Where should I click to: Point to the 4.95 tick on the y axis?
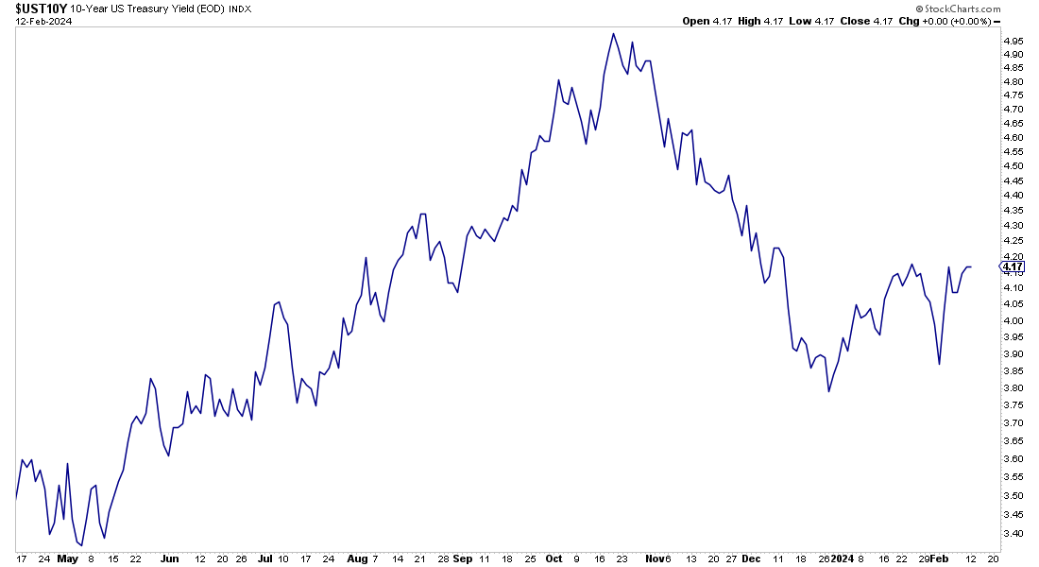1013,42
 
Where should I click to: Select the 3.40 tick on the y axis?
1013,533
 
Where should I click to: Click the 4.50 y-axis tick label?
1013,165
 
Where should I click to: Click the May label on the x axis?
67,558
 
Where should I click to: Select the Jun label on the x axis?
169,558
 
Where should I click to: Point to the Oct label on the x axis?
554,558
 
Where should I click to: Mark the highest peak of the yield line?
614,34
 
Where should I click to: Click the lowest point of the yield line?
81,545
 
